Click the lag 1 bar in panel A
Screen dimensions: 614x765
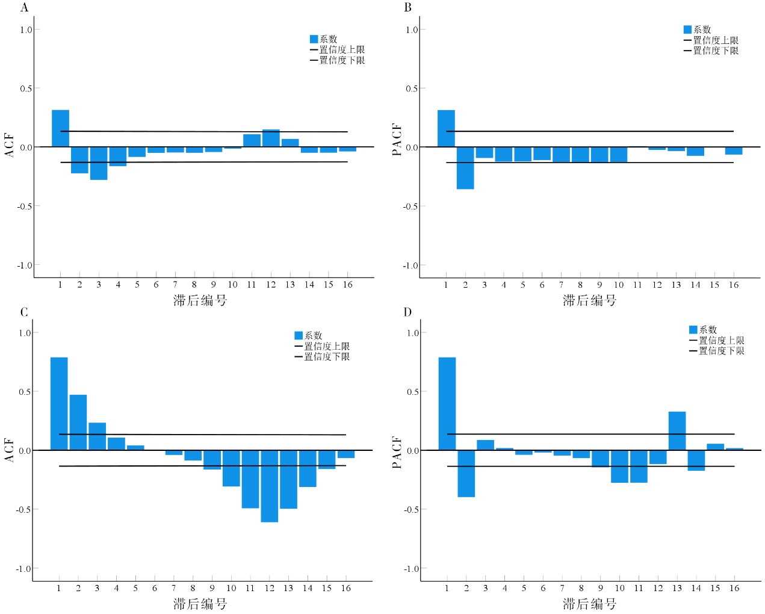point(60,128)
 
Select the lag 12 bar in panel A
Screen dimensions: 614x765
point(271,138)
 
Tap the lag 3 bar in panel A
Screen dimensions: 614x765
point(99,163)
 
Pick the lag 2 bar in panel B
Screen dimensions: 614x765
point(465,168)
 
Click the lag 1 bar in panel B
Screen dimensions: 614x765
point(446,128)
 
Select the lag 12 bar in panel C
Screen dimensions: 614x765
point(269,486)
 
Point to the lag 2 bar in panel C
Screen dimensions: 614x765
point(78,423)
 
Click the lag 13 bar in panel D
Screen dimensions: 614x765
point(677,431)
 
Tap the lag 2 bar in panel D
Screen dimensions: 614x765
point(466,473)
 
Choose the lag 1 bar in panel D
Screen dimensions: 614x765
point(447,404)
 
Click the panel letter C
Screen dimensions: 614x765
point(24,312)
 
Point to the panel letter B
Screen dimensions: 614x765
point(408,8)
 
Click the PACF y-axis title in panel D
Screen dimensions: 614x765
point(397,452)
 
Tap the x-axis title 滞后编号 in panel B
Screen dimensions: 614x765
point(589,300)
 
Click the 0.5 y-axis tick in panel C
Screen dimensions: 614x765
point(24,392)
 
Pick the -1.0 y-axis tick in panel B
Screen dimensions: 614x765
point(410,265)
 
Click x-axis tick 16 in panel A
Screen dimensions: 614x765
point(347,285)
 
